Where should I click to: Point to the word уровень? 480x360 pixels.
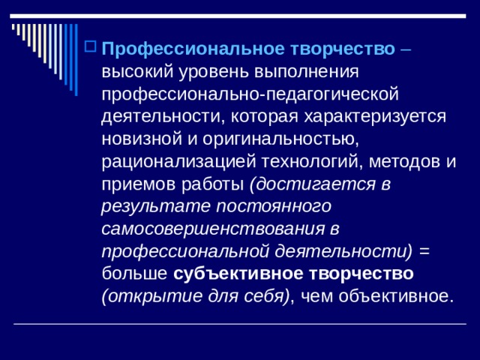[x=200, y=73]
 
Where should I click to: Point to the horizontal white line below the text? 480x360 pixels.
[x=240, y=323]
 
